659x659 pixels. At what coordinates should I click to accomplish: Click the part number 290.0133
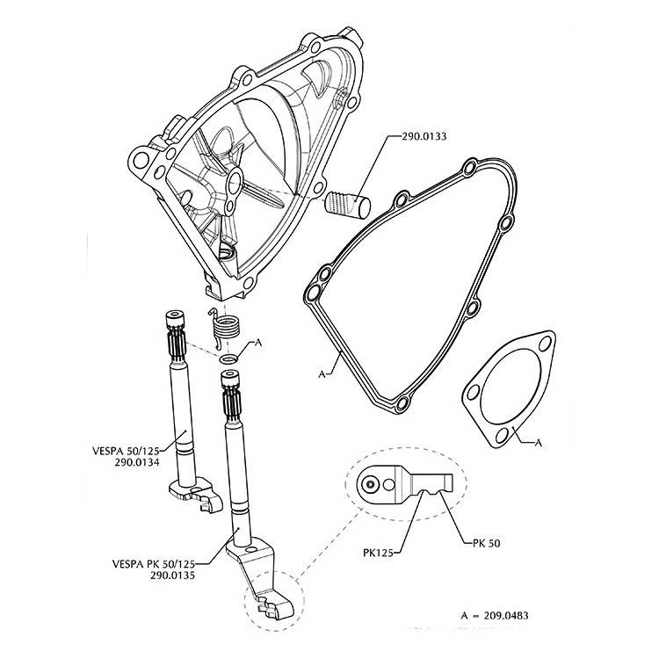pyautogui.click(x=424, y=136)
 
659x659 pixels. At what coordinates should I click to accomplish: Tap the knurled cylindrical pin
pyautogui.click(x=348, y=205)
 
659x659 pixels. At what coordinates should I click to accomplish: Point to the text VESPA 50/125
pyautogui.click(x=126, y=452)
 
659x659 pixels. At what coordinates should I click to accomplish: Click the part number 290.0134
pyautogui.click(x=137, y=463)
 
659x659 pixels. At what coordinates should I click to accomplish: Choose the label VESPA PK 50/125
pyautogui.click(x=154, y=563)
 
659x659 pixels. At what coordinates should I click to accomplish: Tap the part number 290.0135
pyautogui.click(x=173, y=576)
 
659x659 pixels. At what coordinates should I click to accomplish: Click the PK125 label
pyautogui.click(x=378, y=553)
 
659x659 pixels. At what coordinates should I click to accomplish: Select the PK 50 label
pyautogui.click(x=486, y=543)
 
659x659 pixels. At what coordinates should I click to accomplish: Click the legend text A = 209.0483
pyautogui.click(x=494, y=616)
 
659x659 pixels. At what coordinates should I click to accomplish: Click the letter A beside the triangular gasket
pyautogui.click(x=539, y=443)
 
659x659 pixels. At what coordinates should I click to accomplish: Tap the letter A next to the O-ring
pyautogui.click(x=258, y=343)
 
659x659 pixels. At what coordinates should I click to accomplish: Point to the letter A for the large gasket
pyautogui.click(x=322, y=373)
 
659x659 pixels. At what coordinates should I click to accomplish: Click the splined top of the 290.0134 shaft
pyautogui.click(x=176, y=337)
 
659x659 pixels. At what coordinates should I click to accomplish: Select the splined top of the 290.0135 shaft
pyautogui.click(x=231, y=396)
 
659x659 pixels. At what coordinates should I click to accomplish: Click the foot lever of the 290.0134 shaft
pyautogui.click(x=196, y=494)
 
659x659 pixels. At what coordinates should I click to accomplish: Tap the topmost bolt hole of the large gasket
pyautogui.click(x=469, y=168)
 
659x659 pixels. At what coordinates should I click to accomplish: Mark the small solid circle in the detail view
pyautogui.click(x=370, y=484)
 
